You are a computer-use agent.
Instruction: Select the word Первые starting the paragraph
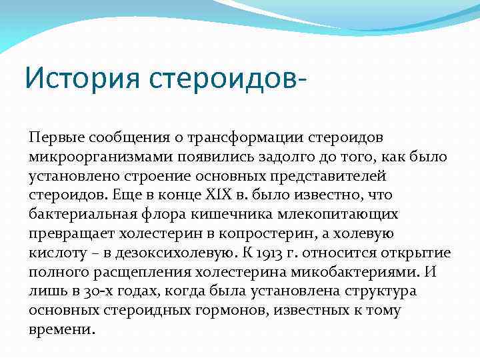[x=55, y=137]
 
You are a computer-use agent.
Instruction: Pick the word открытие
[x=417, y=253]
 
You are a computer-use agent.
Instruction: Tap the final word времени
[x=62, y=330]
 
